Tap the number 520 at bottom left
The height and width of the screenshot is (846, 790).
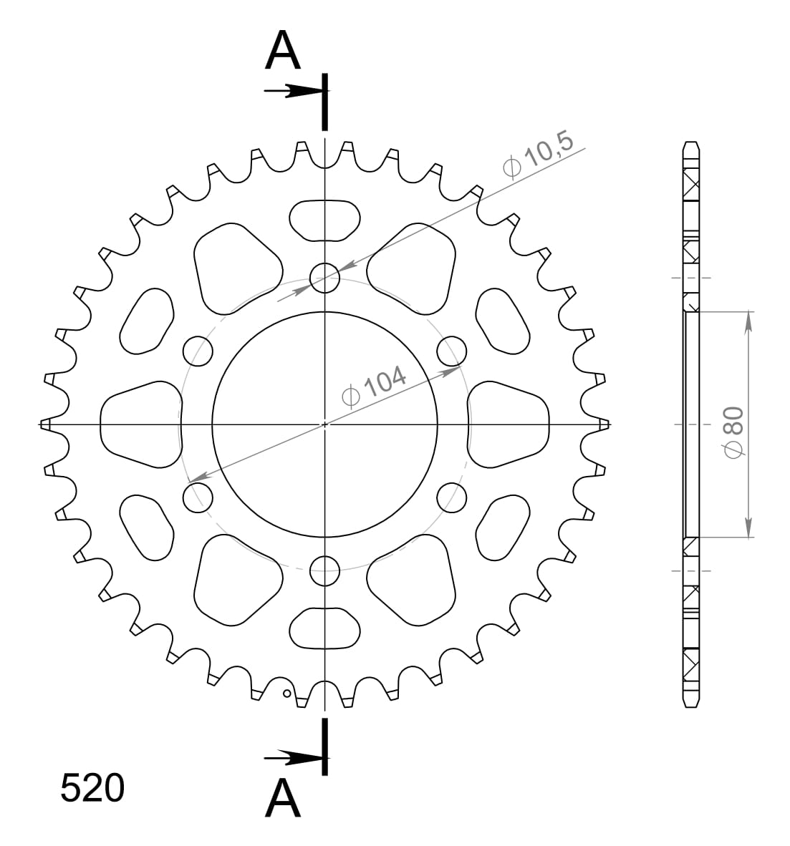pyautogui.click(x=92, y=789)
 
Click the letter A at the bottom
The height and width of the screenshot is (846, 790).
pyautogui.click(x=283, y=799)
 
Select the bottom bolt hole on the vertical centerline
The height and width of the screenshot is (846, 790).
pyautogui.click(x=324, y=570)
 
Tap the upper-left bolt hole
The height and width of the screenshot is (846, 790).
pyautogui.click(x=198, y=351)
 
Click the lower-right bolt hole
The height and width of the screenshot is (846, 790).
pyautogui.click(x=451, y=497)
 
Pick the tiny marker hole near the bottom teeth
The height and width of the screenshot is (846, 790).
pyautogui.click(x=286, y=693)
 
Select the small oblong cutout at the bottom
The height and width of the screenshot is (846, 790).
pyautogui.click(x=324, y=628)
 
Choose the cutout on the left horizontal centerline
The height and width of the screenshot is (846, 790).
pyautogui.click(x=140, y=424)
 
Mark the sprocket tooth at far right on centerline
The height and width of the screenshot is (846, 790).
pyautogui.click(x=604, y=424)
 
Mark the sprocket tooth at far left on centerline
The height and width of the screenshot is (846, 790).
pyautogui.click(x=46, y=424)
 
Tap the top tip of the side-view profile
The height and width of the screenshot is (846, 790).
pyautogui.click(x=690, y=142)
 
